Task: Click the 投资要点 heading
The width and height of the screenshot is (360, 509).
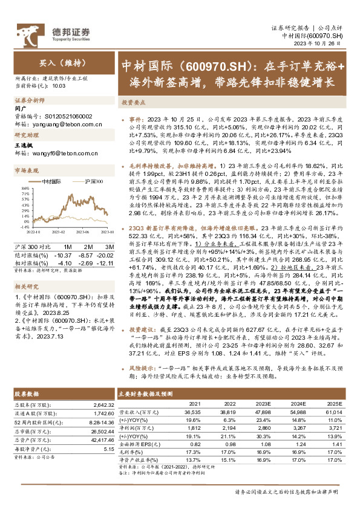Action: pos(136,103)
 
